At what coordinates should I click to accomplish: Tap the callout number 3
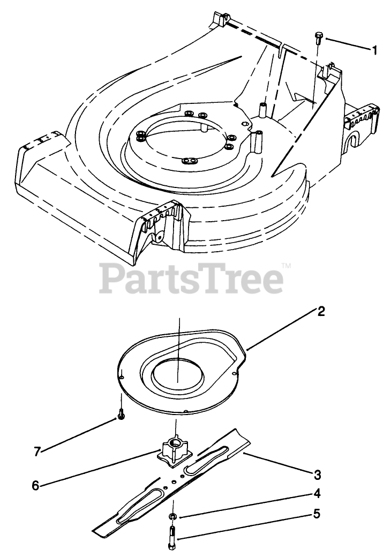click(317, 474)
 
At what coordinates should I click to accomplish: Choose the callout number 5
click(317, 514)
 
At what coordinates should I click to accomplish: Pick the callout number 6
click(35, 485)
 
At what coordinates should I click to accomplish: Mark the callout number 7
click(37, 451)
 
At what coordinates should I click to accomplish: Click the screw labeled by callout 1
click(319, 38)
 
